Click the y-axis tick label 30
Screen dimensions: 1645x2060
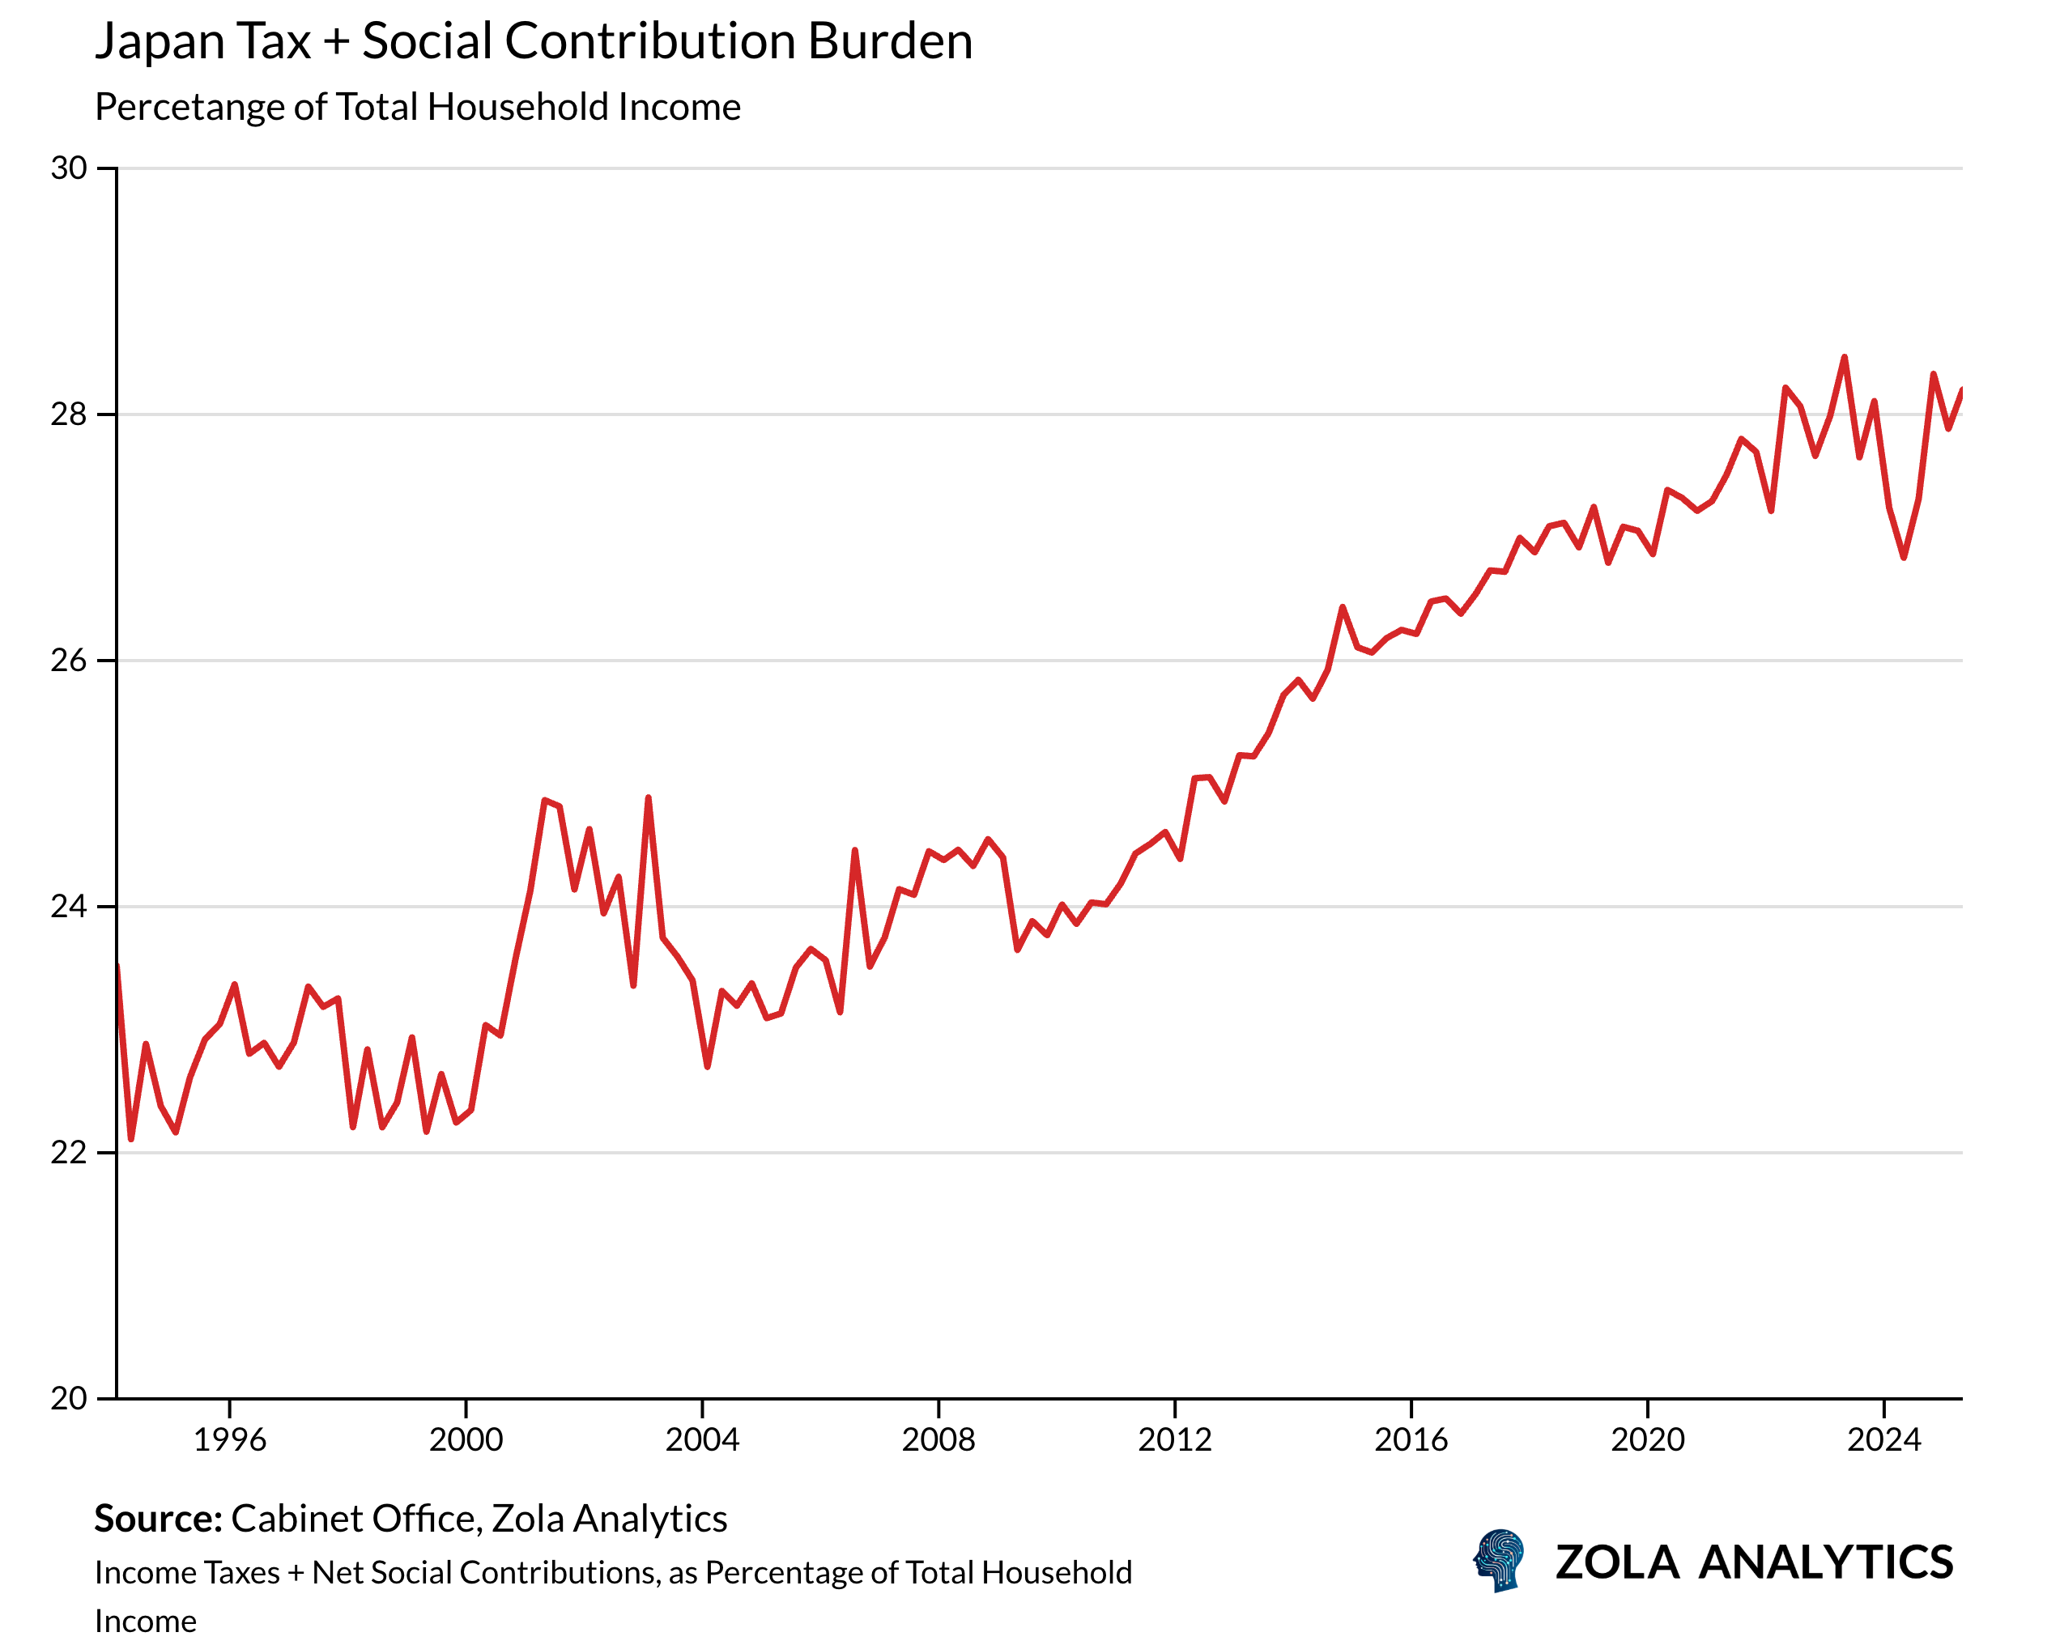click(69, 169)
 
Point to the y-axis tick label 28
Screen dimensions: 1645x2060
click(69, 414)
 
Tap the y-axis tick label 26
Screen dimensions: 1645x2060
click(69, 661)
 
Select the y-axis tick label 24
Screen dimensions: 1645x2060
click(69, 907)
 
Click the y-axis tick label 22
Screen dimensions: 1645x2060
click(69, 1153)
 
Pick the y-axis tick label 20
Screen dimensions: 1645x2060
click(69, 1399)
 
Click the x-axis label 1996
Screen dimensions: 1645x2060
click(229, 1439)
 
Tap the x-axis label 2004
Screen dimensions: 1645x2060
click(702, 1439)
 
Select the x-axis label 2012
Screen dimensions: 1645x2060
click(1174, 1439)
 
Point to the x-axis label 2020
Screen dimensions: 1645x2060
click(1647, 1439)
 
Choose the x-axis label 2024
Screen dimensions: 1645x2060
click(1883, 1439)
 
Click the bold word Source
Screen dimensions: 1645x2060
click(158, 1519)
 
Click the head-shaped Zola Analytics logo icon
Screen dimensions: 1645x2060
click(1499, 1562)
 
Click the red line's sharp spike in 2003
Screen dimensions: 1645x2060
click(649, 797)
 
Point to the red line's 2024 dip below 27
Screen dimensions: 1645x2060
click(1903, 557)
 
